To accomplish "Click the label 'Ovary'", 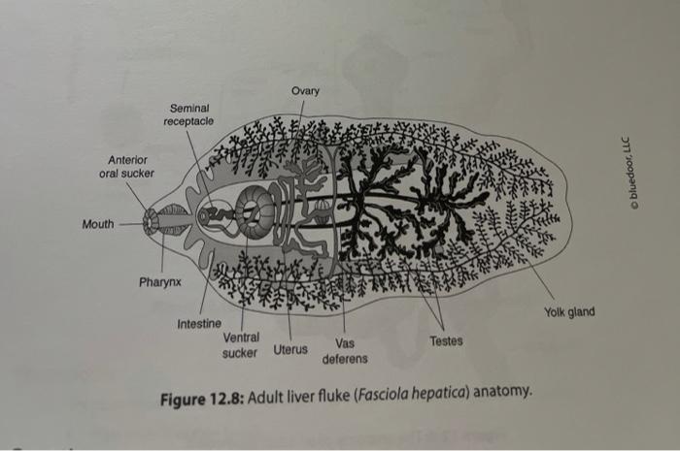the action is tap(305, 91).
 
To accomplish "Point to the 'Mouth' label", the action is tap(97, 224).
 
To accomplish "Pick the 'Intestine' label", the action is tap(199, 322).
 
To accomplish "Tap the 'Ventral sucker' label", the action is tap(240, 344).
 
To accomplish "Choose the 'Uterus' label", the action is tap(290, 348).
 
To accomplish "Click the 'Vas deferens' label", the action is tap(347, 350).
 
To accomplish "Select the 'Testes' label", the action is tap(446, 341).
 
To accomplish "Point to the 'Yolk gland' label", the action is tap(569, 311).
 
